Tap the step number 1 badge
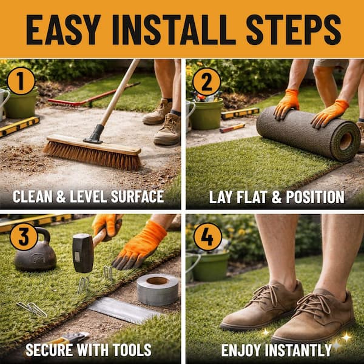[21, 81]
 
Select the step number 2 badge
[207, 82]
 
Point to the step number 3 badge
[24, 237]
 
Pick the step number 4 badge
[207, 237]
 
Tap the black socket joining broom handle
[94, 134]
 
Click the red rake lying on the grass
[93, 95]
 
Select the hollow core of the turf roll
[345, 141]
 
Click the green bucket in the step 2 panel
[206, 114]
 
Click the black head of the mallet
[83, 253]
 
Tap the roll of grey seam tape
[157, 289]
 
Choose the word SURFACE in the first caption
[138, 197]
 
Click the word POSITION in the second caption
[315, 198]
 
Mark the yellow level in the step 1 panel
[19, 126]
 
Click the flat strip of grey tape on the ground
[124, 310]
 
